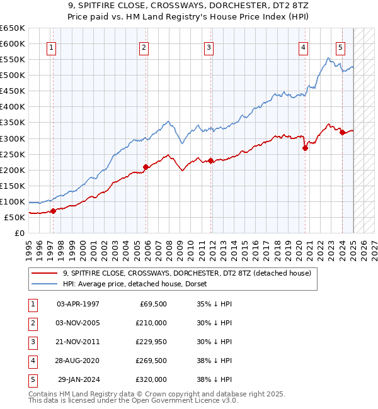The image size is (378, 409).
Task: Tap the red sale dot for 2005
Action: (x=146, y=167)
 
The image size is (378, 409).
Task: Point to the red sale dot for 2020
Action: (x=305, y=148)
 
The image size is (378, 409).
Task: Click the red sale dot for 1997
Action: (x=53, y=211)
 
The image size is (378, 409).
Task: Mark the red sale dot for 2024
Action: (x=342, y=132)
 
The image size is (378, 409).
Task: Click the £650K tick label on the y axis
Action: (x=13, y=28)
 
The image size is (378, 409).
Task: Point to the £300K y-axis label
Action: (x=13, y=138)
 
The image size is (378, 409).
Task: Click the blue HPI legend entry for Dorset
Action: (x=139, y=284)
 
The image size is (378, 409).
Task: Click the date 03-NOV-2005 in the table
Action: (x=78, y=323)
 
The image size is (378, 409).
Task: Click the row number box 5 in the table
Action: (x=31, y=379)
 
